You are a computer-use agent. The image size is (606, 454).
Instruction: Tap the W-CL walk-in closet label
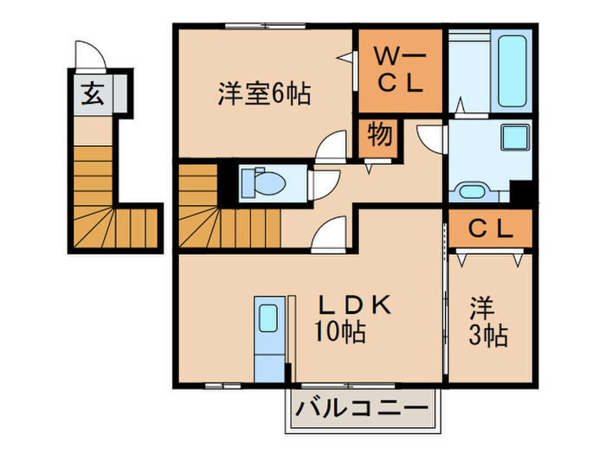click(x=399, y=71)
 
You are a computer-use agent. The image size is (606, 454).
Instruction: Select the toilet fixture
click(x=265, y=182)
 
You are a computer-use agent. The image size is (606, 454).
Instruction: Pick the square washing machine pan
click(x=516, y=137)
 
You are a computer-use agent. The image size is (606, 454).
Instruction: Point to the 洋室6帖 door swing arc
click(x=332, y=150)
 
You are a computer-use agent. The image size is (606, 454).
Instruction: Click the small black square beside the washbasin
click(x=521, y=191)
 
